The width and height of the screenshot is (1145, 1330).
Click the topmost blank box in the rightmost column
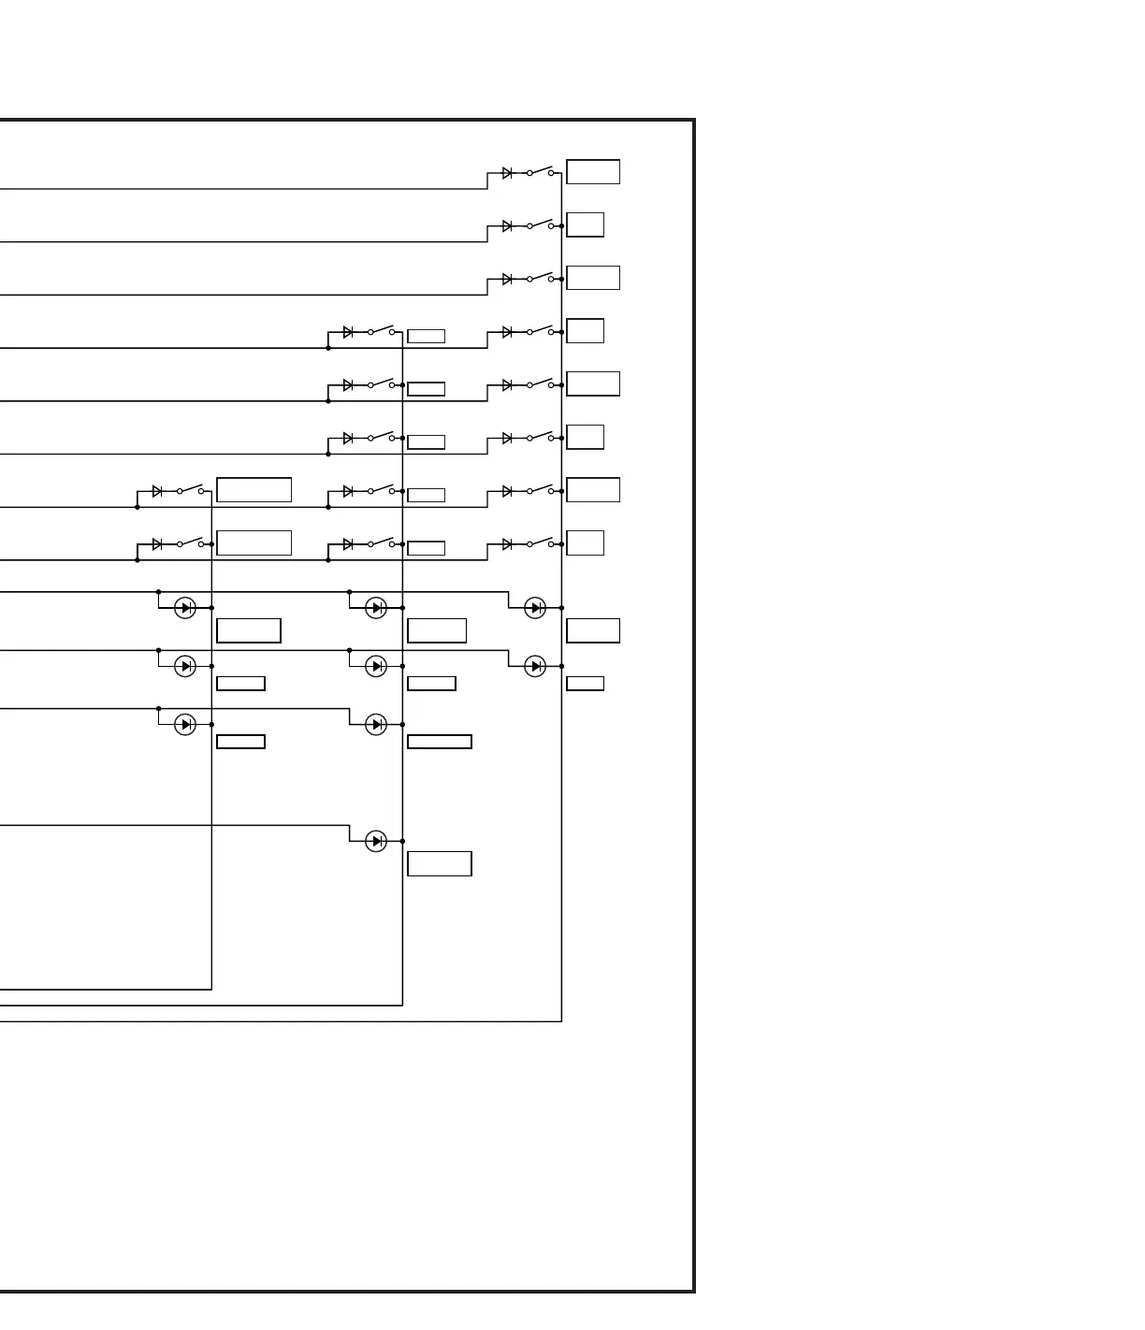click(593, 172)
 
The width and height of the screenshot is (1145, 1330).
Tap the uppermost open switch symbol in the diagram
click(540, 172)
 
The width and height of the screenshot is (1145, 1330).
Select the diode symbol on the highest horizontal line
click(507, 173)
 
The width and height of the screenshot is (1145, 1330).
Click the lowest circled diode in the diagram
click(376, 842)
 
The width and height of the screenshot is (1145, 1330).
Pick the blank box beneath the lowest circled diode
click(440, 864)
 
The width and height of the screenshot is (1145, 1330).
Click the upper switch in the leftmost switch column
click(190, 490)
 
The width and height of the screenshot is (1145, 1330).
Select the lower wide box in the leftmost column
click(254, 543)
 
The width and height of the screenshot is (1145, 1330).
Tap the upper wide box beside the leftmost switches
click(254, 490)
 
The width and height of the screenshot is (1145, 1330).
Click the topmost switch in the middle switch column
click(381, 331)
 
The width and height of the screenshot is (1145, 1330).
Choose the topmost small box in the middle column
click(427, 337)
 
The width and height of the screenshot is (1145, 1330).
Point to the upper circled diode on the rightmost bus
click(535, 608)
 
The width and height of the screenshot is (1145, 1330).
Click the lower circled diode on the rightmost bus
click(535, 666)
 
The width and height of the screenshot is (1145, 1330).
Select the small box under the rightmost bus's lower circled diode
click(586, 684)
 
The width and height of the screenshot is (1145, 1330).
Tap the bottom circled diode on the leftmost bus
click(185, 725)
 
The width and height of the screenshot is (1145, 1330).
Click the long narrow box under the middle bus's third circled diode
click(440, 743)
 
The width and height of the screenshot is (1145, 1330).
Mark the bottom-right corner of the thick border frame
click(694, 1292)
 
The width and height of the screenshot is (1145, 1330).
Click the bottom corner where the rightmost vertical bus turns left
click(561, 1021)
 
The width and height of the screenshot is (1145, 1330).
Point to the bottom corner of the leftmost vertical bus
click(211, 990)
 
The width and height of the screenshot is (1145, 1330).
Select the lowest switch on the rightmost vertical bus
click(540, 543)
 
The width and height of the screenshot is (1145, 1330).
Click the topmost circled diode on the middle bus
click(376, 608)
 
